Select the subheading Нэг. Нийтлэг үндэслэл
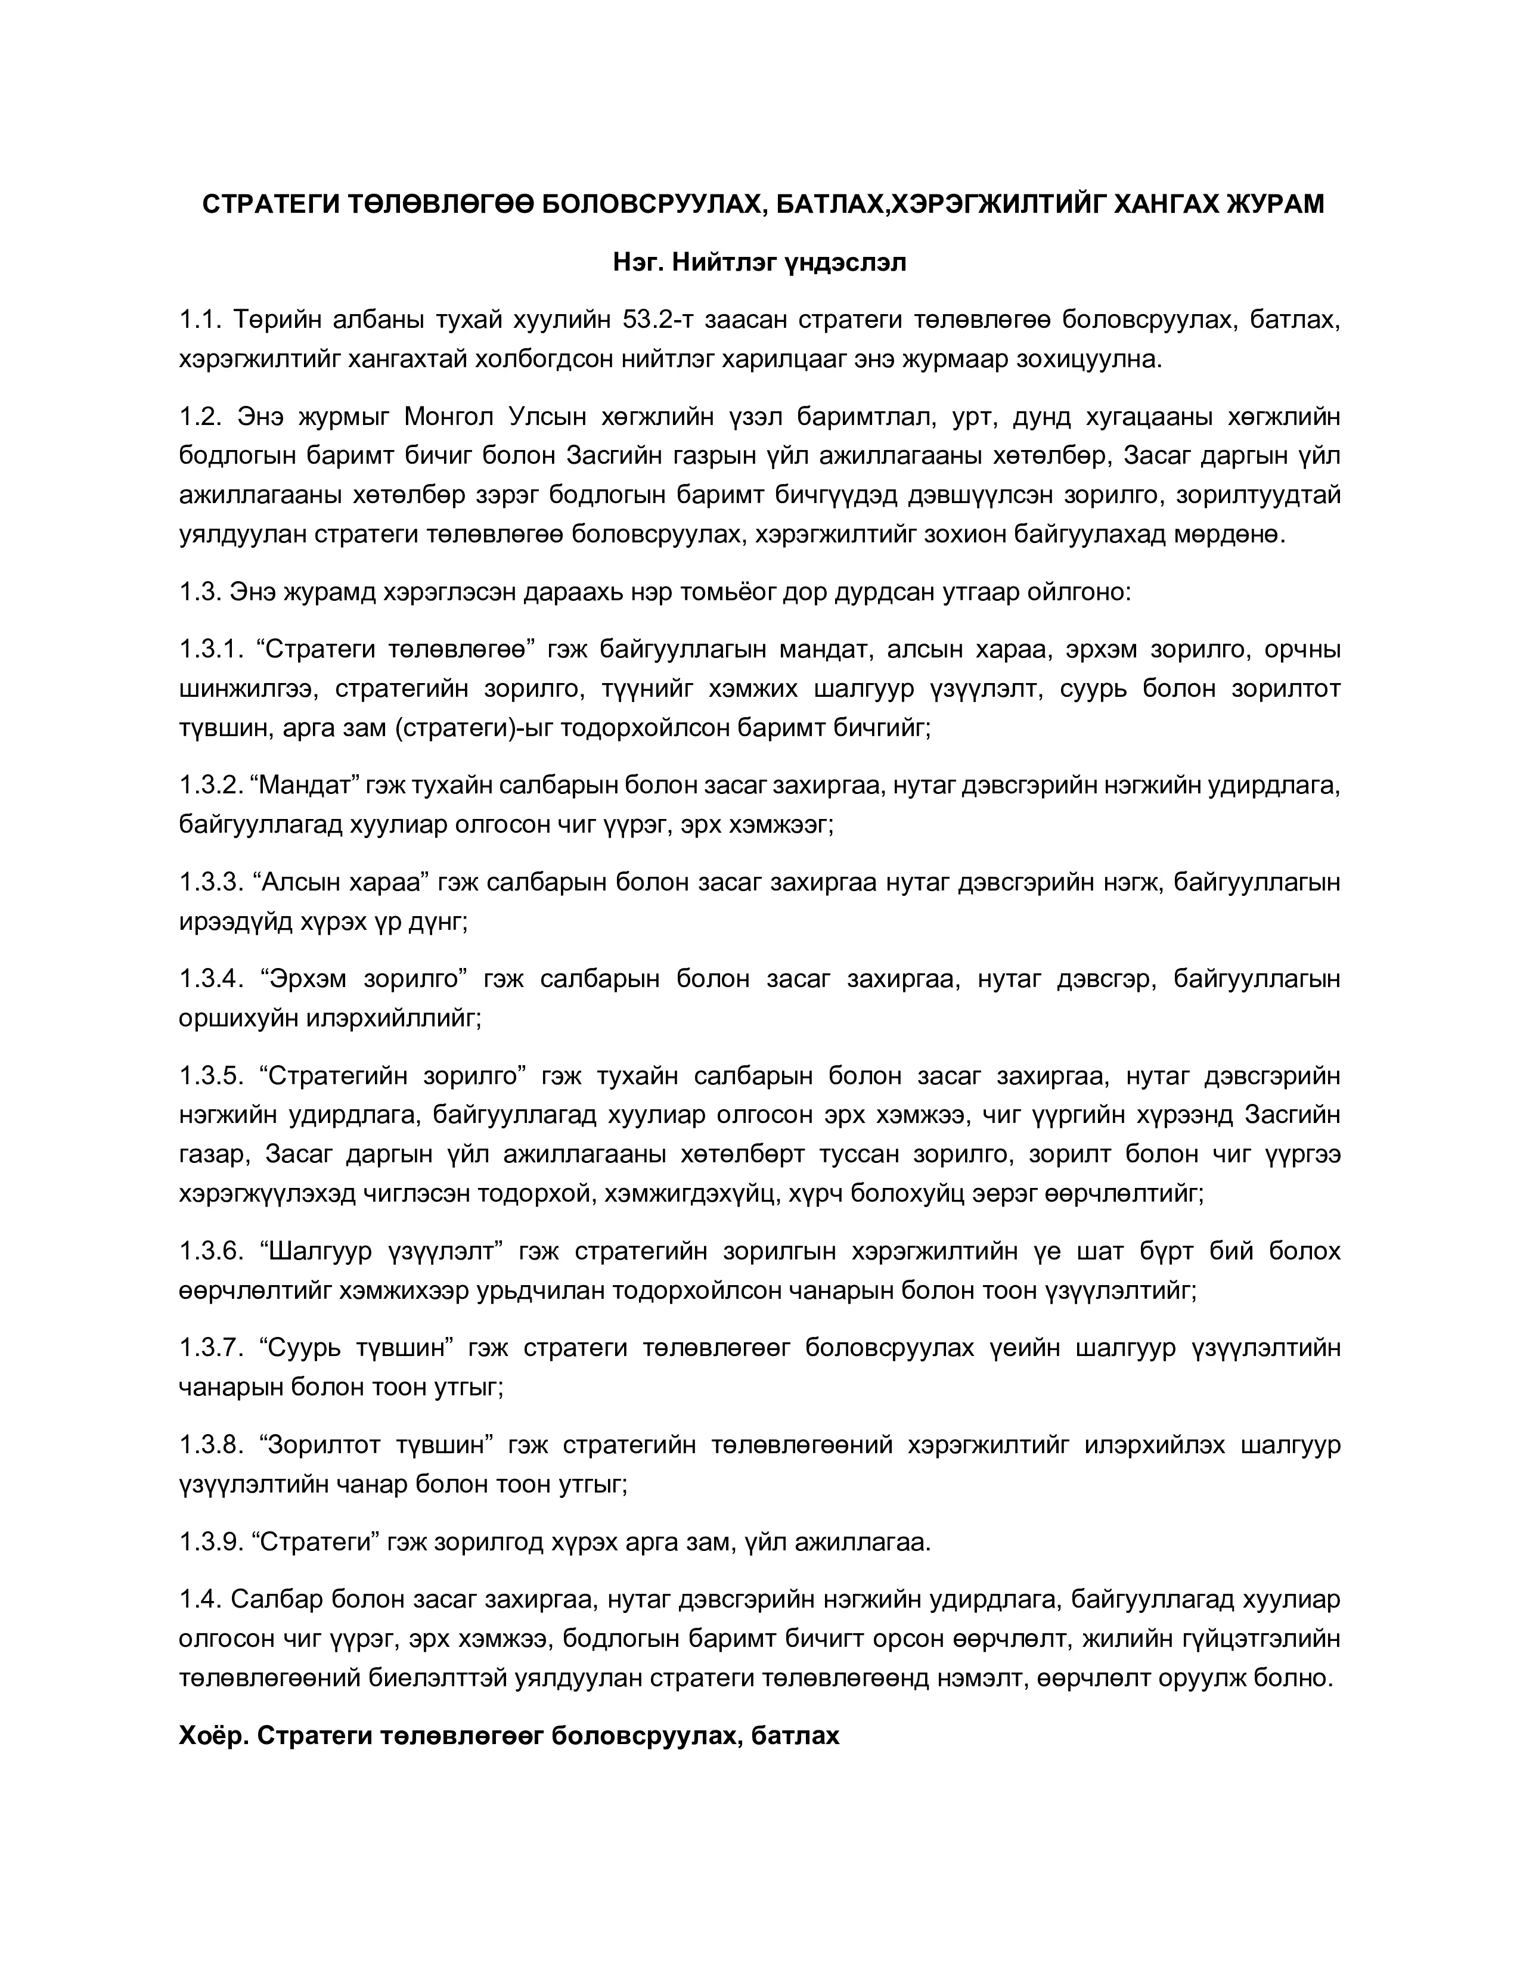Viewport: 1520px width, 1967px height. click(x=759, y=263)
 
